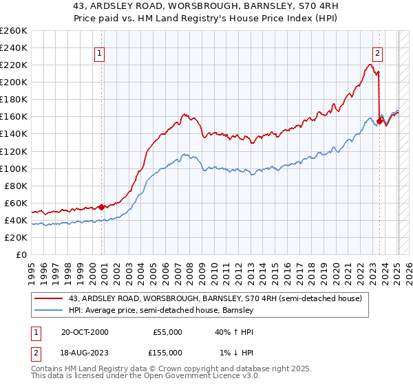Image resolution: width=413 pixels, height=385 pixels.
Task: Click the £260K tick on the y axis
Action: click(14, 31)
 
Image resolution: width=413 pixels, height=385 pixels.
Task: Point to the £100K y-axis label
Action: click(14, 168)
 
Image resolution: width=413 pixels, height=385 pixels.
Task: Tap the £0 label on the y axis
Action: click(21, 255)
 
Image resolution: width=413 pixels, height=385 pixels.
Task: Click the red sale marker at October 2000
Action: click(102, 207)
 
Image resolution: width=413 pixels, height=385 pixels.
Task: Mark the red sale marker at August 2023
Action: click(379, 121)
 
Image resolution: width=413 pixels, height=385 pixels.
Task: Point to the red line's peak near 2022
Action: click(370, 65)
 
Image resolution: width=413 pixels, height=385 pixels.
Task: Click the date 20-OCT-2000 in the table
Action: click(85, 332)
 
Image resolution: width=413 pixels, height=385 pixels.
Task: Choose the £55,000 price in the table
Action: click(167, 332)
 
